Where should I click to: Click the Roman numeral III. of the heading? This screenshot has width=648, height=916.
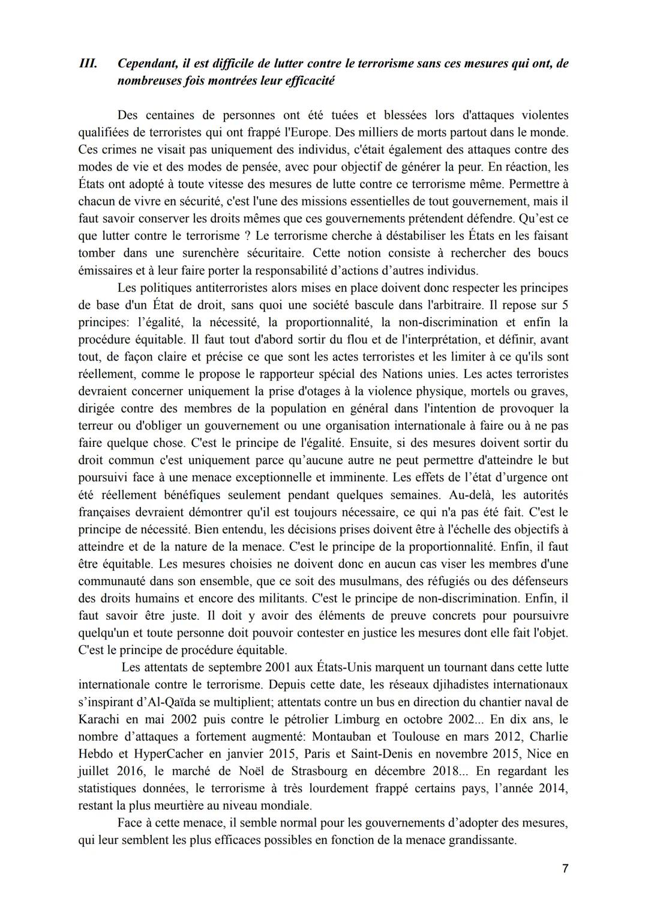click(x=88, y=64)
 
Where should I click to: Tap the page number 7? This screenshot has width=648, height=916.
click(x=565, y=869)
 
